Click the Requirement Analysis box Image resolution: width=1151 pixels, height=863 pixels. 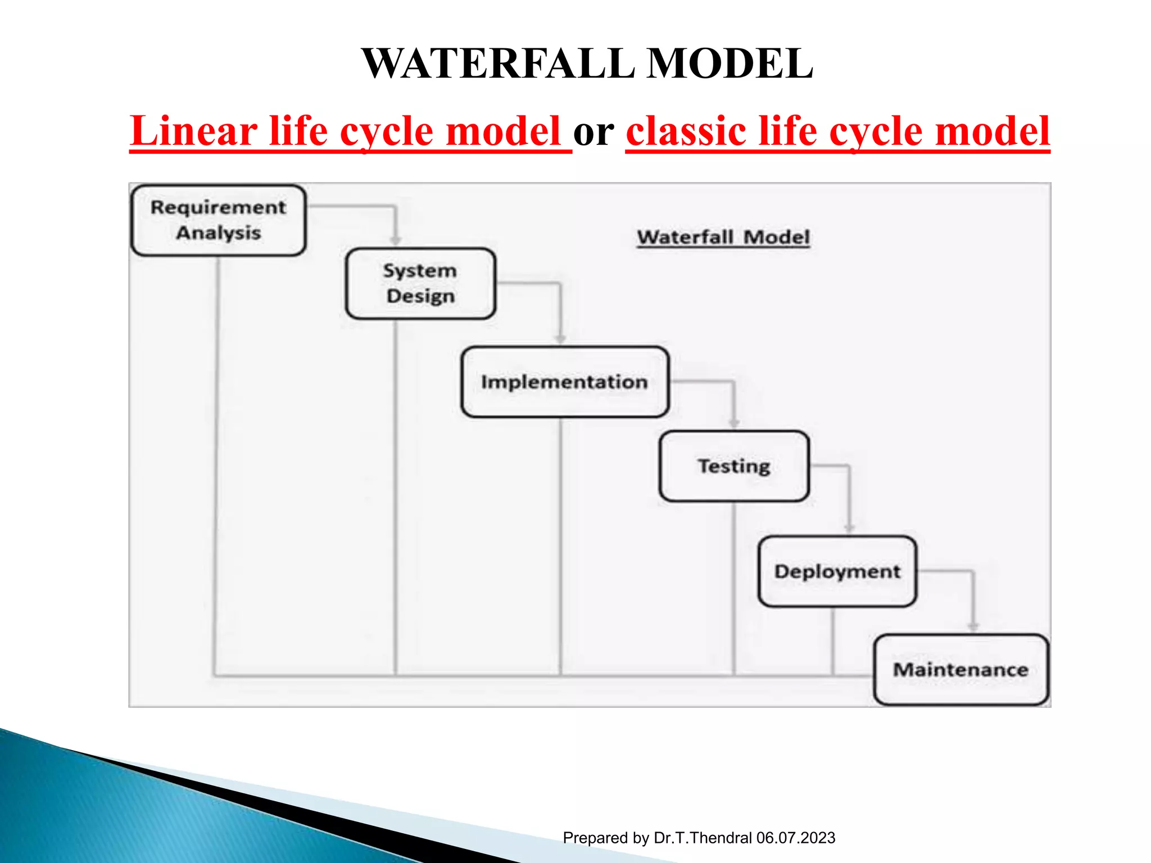[x=218, y=220]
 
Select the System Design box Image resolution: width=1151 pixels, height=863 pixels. [x=420, y=283]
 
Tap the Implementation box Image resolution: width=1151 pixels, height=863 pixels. [x=564, y=382]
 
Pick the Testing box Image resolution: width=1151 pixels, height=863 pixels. [x=734, y=466]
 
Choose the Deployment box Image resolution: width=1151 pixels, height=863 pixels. [x=837, y=571]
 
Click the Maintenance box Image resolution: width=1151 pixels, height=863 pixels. [x=960, y=670]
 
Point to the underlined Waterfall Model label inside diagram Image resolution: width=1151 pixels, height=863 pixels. [x=723, y=237]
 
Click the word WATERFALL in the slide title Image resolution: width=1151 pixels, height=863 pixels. [x=498, y=63]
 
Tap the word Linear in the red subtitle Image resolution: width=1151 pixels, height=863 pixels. [x=193, y=131]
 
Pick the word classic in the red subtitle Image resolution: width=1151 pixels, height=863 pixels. [x=686, y=131]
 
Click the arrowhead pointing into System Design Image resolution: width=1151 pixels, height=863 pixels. [x=396, y=240]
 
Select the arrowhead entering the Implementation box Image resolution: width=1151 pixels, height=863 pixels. [x=560, y=339]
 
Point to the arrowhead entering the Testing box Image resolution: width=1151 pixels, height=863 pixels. [x=734, y=423]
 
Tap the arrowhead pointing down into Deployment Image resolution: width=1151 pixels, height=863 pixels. [x=849, y=528]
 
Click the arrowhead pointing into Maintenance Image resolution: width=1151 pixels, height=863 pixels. [x=973, y=626]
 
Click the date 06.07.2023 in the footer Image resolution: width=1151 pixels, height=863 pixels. [x=795, y=838]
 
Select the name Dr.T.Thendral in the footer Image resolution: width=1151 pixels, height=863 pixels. [x=703, y=838]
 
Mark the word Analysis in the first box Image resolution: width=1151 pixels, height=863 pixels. [x=219, y=233]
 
